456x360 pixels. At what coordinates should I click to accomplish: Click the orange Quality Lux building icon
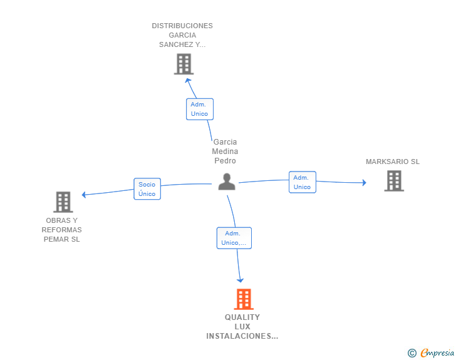pyautogui.click(x=244, y=299)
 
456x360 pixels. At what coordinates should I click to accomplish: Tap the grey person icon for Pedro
pyautogui.click(x=227, y=182)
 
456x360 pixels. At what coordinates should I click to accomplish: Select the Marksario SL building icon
pyautogui.click(x=394, y=181)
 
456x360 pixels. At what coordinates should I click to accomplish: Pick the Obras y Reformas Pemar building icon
pyautogui.click(x=63, y=202)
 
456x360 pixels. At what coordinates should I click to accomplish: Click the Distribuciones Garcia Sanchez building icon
pyautogui.click(x=184, y=64)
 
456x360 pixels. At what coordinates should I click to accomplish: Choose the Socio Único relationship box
pyautogui.click(x=147, y=188)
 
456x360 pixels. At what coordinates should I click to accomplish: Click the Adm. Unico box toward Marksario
pyautogui.click(x=303, y=182)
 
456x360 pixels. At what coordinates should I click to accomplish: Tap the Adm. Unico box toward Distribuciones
pyautogui.click(x=200, y=109)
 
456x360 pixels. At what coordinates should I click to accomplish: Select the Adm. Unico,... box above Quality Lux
pyautogui.click(x=234, y=238)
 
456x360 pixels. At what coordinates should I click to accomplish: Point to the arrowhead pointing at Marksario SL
pyautogui.click(x=364, y=183)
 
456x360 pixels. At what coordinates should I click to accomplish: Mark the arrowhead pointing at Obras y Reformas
pyautogui.click(x=84, y=195)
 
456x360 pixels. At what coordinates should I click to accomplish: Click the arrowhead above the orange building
pyautogui.click(x=240, y=280)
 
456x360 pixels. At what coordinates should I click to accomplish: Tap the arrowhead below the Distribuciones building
pyautogui.click(x=188, y=80)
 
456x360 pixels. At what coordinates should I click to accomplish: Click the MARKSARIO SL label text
pyautogui.click(x=393, y=162)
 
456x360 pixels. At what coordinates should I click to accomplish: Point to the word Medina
pyautogui.click(x=225, y=152)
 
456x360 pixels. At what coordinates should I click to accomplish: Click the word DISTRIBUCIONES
pyautogui.click(x=182, y=26)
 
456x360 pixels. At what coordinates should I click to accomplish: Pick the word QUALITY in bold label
pyautogui.click(x=242, y=317)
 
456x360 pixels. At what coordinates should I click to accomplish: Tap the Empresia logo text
pyautogui.click(x=437, y=352)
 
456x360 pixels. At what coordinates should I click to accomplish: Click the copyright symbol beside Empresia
pyautogui.click(x=412, y=353)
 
